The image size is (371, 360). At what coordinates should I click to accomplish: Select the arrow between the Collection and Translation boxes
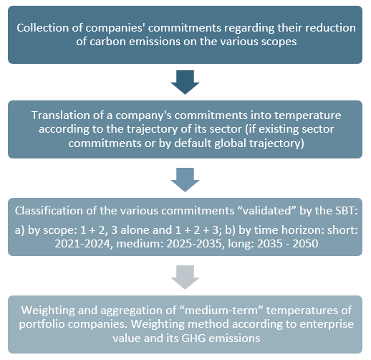pyautogui.click(x=185, y=82)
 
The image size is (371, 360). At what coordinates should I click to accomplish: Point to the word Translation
pyautogui.click(x=61, y=115)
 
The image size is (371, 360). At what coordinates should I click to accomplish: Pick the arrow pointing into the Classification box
pyautogui.click(x=185, y=180)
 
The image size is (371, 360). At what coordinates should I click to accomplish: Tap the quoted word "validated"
pyautogui.click(x=267, y=211)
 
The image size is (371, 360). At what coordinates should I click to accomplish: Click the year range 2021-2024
pyautogui.click(x=84, y=244)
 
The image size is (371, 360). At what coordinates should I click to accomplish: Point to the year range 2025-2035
pyautogui.click(x=196, y=244)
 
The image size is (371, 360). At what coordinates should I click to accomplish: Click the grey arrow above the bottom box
pyautogui.click(x=185, y=278)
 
